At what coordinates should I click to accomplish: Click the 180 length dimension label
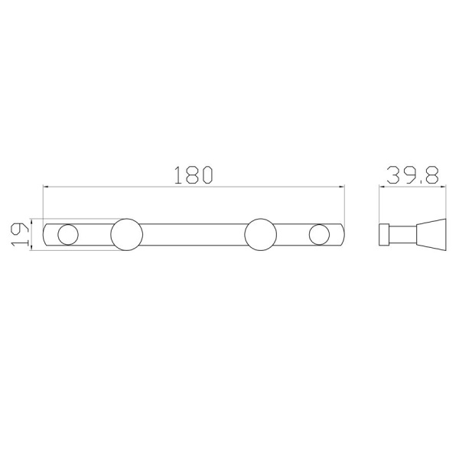pyautogui.click(x=194, y=174)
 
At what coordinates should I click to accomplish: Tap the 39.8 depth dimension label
pyautogui.click(x=413, y=174)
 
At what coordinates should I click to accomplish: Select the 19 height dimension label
pyautogui.click(x=19, y=235)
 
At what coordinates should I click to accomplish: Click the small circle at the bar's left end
pyautogui.click(x=68, y=235)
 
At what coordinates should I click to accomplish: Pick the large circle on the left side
pyautogui.click(x=127, y=235)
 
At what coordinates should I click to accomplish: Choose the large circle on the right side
pyautogui.click(x=261, y=235)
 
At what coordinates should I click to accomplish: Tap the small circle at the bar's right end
pyautogui.click(x=319, y=235)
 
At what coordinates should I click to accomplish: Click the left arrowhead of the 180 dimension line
pyautogui.click(x=46, y=186)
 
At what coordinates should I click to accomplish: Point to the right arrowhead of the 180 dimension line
pyautogui.click(x=341, y=186)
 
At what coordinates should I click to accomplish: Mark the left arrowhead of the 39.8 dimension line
pyautogui.click(x=382, y=186)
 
